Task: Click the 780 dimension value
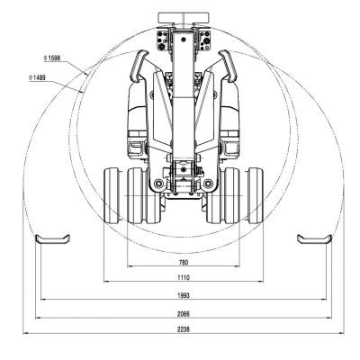(184, 262)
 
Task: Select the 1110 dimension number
(184, 279)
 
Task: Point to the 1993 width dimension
(184, 295)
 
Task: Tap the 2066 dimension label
(184, 313)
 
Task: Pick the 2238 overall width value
(184, 330)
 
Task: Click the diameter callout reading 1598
(51, 59)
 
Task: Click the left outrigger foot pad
(52, 238)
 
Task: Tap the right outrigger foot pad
(314, 238)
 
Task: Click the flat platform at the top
(184, 17)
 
